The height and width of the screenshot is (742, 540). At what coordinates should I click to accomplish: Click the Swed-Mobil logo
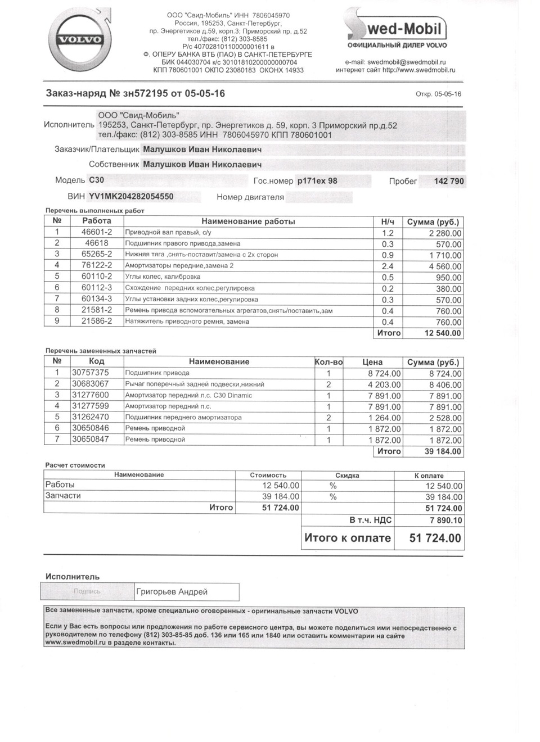(x=397, y=28)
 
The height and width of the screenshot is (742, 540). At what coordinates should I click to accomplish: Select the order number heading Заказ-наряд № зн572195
(x=135, y=93)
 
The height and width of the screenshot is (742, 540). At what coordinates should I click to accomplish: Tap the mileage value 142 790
(x=449, y=181)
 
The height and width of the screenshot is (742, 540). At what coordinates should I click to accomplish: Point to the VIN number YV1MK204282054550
(x=131, y=196)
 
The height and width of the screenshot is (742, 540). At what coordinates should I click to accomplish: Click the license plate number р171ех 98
(x=317, y=181)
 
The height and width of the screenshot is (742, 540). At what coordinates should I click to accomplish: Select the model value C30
(x=96, y=180)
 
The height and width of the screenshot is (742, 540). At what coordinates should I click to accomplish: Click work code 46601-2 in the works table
(x=97, y=232)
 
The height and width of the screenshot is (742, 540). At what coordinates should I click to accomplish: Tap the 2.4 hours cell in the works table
(x=388, y=266)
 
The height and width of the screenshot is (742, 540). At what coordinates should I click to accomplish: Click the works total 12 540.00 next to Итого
(x=442, y=333)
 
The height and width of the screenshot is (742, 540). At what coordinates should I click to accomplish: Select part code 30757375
(x=90, y=373)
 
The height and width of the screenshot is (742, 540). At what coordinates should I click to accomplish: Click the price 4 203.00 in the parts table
(x=384, y=385)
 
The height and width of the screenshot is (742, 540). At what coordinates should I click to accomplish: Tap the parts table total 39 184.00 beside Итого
(x=442, y=451)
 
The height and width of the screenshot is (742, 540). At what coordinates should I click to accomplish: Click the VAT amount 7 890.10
(x=445, y=521)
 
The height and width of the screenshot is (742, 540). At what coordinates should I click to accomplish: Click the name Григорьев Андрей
(x=172, y=592)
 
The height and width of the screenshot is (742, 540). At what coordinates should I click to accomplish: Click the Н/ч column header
(x=388, y=221)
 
